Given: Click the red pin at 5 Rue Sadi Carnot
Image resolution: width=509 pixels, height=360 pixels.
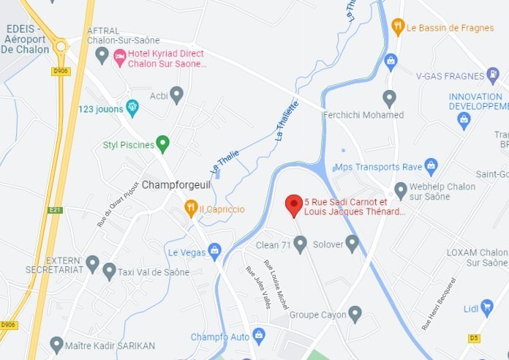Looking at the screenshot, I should point(294,206).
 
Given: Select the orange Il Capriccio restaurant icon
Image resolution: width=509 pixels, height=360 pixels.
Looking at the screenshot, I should point(190,209).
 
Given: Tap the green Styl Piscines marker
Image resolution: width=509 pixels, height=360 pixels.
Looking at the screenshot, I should point(163,144).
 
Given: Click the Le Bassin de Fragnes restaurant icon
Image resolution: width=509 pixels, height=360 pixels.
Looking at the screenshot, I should point(398,28).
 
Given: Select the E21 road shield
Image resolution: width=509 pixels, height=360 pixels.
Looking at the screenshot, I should point(53,209).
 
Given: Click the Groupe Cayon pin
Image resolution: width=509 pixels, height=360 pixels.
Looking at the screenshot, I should point(355,314).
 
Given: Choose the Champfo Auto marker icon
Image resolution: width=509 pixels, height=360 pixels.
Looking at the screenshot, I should point(258,336).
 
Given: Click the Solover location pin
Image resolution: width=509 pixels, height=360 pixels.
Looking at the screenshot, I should point(352,243).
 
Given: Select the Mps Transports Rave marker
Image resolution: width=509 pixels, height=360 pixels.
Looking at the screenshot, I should point(431,164).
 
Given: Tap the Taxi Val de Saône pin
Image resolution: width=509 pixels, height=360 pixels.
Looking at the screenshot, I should point(109,271).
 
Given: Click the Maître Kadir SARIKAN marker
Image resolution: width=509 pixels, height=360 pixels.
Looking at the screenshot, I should point(56,343).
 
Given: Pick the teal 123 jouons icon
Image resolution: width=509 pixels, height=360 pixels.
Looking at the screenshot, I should point(132,108).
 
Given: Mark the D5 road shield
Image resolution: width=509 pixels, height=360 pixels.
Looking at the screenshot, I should point(473,338).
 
